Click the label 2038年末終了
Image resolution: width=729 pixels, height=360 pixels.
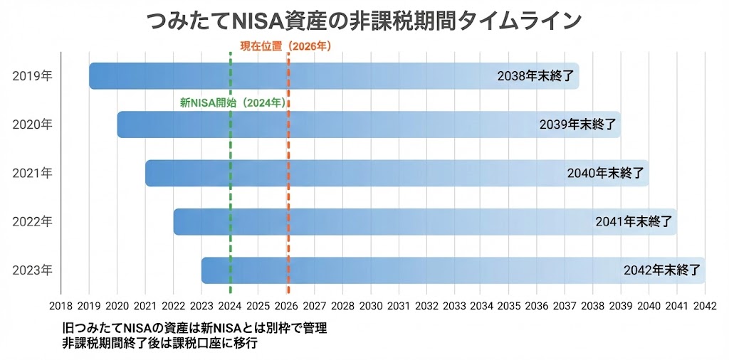pos(535,76)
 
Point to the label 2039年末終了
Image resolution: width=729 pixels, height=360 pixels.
pos(577,125)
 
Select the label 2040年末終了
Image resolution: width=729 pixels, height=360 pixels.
pos(606,173)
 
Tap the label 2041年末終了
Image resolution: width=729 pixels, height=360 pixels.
pos(634,221)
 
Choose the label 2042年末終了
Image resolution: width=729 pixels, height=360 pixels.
pos(662,270)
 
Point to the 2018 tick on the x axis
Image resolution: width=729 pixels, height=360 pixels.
pos(61,305)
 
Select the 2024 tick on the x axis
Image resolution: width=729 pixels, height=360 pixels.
pos(230,305)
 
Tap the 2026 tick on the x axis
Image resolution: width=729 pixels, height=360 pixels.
pos(286,305)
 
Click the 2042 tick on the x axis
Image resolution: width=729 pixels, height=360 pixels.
pos(705,305)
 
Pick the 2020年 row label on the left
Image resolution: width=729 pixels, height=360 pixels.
pos(32,125)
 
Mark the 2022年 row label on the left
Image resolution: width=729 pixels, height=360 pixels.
pos(32,221)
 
